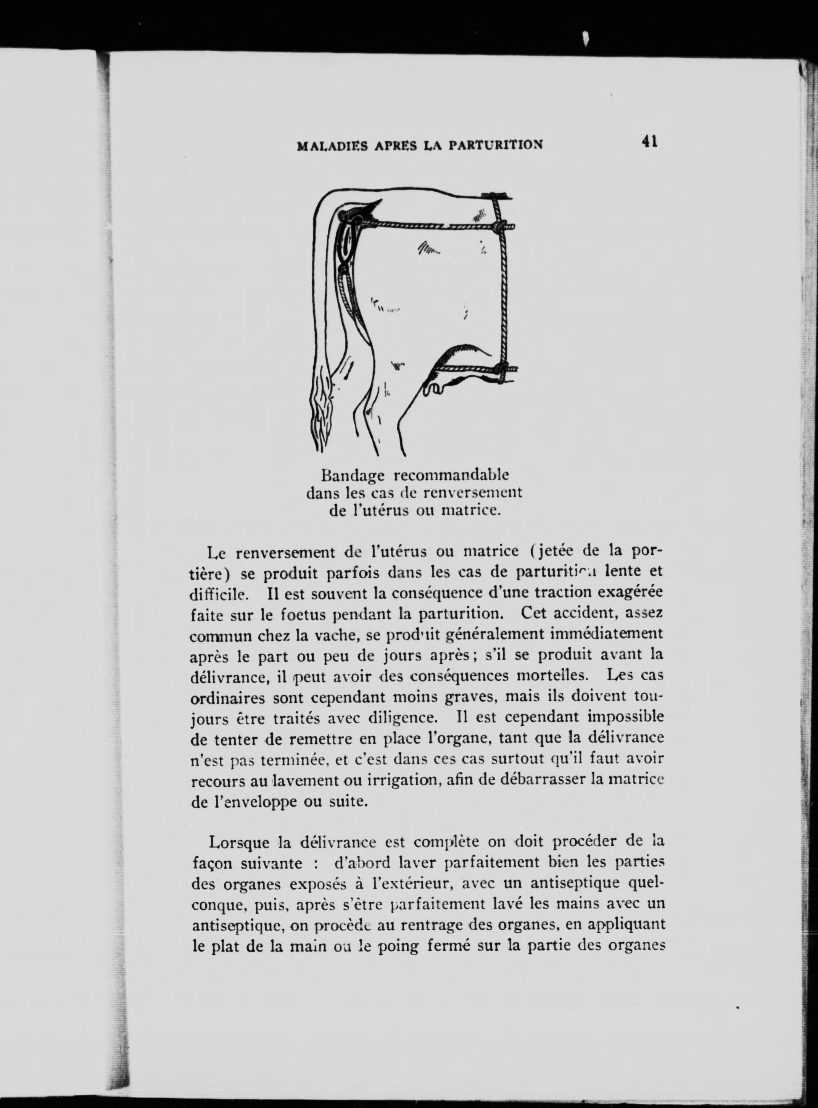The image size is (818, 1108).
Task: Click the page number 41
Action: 649,142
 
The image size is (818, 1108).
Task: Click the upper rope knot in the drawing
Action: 500,227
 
